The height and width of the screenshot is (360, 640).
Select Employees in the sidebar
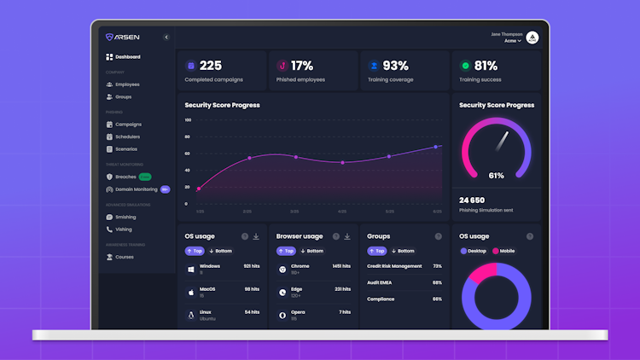pos(126,84)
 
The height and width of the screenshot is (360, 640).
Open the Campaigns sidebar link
pos(127,125)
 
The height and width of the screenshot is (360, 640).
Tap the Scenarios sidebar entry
pos(125,149)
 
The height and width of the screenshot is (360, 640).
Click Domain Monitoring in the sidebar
pos(136,189)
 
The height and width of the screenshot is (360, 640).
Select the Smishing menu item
pos(125,217)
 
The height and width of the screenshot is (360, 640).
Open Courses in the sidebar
pos(124,257)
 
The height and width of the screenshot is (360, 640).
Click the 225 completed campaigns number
pos(211,66)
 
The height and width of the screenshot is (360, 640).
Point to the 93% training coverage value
pos(395,66)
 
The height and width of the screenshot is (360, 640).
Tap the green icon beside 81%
pos(465,66)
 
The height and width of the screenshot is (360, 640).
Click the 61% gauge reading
pos(496,175)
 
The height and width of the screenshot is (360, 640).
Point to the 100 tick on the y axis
pos(188,120)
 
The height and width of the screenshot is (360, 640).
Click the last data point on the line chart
pos(436,147)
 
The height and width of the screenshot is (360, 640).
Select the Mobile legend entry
pos(503,251)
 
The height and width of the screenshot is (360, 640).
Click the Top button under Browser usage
pos(285,251)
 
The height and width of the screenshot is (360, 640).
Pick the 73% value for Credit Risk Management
pos(437,266)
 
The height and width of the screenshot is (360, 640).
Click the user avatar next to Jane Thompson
pos(532,38)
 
